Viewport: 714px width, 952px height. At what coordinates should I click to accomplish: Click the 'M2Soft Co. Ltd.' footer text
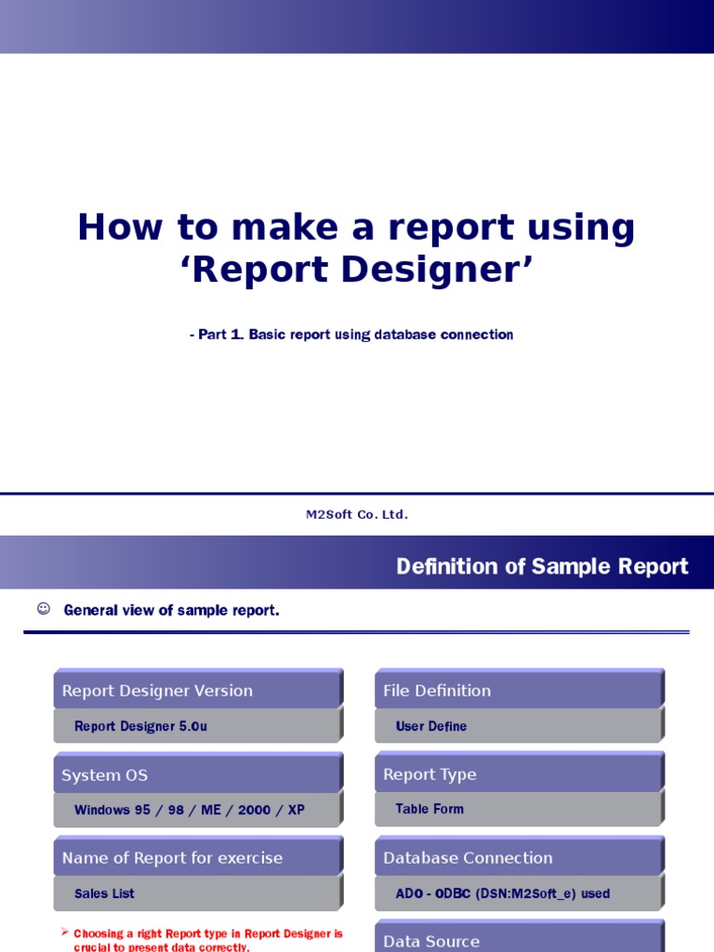pos(357,514)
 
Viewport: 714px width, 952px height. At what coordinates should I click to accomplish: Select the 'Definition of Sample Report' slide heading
pos(542,566)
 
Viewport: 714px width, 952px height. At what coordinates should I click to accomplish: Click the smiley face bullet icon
pos(43,609)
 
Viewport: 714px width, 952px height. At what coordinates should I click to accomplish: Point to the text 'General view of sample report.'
pos(171,611)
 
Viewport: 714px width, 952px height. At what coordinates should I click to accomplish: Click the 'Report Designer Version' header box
pos(197,690)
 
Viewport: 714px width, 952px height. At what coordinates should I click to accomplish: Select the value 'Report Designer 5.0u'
pos(140,726)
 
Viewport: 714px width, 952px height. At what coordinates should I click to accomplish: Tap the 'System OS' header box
pos(197,774)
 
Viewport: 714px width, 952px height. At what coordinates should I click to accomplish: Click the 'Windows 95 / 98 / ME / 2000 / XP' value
pos(190,810)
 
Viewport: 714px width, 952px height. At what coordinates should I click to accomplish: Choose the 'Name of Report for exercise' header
pos(197,858)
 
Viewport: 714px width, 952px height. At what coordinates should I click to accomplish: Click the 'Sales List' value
pos(104,893)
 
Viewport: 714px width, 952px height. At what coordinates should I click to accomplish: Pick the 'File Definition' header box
pos(518,690)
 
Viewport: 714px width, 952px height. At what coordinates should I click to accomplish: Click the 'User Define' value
pos(431,726)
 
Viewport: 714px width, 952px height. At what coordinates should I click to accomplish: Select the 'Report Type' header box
pos(518,774)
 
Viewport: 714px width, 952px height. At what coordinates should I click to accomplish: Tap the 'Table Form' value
pos(430,809)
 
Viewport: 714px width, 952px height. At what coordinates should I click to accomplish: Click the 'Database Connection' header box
pos(518,858)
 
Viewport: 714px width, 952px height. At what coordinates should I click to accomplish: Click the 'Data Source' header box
pos(518,939)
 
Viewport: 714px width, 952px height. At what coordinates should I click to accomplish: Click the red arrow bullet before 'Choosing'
pos(65,931)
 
